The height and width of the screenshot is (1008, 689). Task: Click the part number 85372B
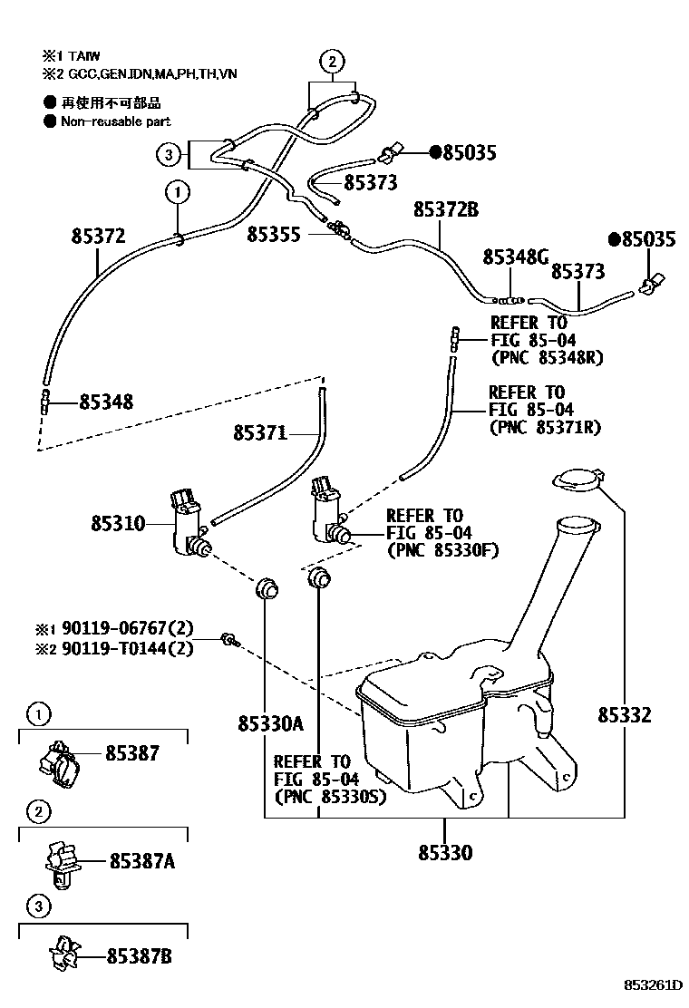pyautogui.click(x=445, y=210)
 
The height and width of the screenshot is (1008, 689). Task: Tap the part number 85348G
pyautogui.click(x=515, y=257)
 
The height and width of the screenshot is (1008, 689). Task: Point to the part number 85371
pyautogui.click(x=259, y=433)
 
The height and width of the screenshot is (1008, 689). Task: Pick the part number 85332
pyautogui.click(x=624, y=715)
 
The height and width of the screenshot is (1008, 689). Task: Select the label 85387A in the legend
pyautogui.click(x=141, y=861)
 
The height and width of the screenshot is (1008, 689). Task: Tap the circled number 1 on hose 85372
pyautogui.click(x=178, y=192)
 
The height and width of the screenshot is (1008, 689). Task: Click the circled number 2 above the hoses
pyautogui.click(x=332, y=62)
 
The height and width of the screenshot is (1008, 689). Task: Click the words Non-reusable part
pyautogui.click(x=115, y=121)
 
